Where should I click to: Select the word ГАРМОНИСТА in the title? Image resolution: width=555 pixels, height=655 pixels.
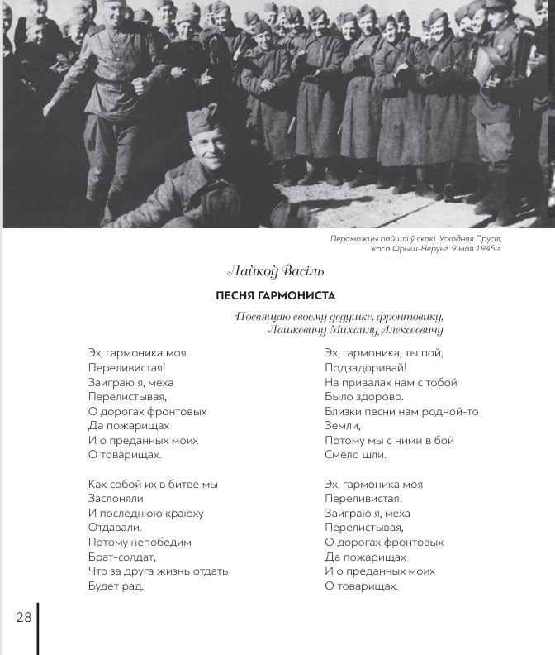coord(296,295)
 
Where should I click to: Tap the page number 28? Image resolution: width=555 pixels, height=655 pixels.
coord(23,617)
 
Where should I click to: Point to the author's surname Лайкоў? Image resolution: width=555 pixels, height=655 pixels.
coord(252,270)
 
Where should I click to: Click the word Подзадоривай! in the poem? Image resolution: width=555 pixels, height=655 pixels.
coord(366,367)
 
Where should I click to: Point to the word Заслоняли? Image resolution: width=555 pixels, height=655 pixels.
coord(116,499)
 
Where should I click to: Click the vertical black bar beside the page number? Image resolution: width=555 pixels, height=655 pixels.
coord(38,629)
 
